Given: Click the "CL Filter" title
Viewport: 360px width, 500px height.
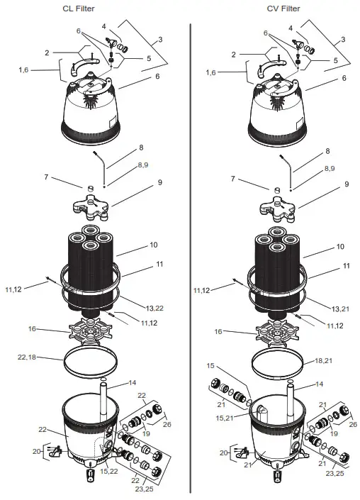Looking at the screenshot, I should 90,9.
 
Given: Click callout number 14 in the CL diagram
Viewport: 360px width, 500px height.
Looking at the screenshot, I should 132,384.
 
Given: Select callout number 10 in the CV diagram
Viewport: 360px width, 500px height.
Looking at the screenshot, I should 339,247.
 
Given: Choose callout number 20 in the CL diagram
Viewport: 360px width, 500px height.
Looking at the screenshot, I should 36,451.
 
